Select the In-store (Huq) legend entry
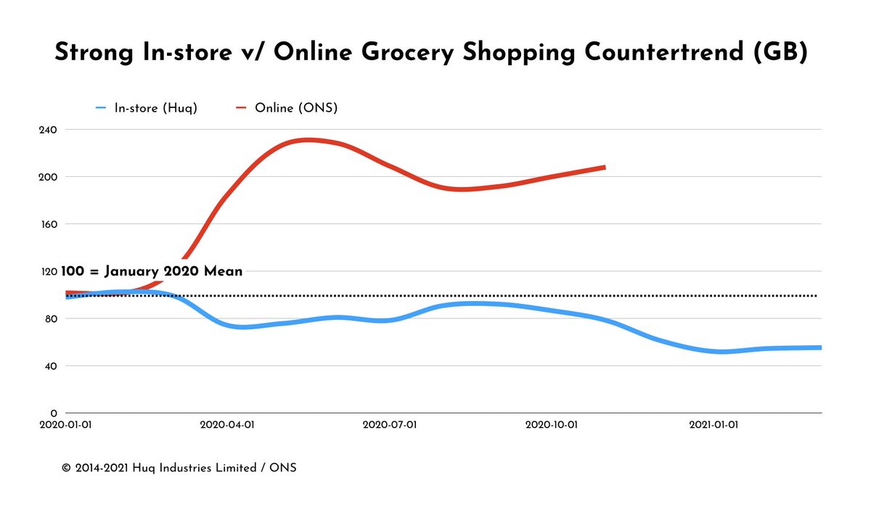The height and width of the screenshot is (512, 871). point(155,109)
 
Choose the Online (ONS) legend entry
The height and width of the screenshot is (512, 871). point(295,109)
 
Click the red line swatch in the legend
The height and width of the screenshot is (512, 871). point(241,109)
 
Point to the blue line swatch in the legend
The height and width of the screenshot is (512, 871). point(101,109)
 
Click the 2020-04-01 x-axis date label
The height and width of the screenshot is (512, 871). point(226,426)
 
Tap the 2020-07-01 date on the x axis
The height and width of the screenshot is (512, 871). point(390,426)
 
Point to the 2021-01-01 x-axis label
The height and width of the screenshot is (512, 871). point(714,426)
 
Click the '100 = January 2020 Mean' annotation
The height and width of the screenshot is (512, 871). point(152,272)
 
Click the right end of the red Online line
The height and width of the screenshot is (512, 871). point(604,168)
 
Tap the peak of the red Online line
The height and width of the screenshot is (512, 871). point(309,140)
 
